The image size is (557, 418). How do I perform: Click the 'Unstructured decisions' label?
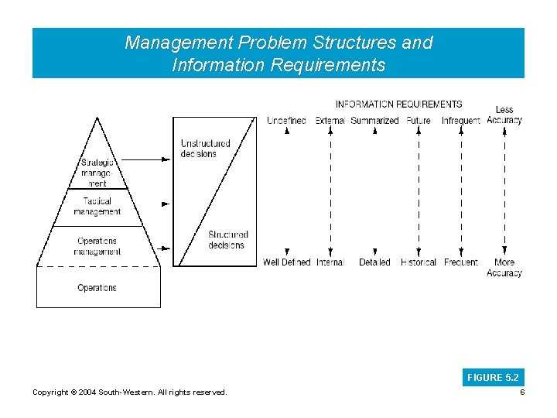205,148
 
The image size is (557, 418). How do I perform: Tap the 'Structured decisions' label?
227,240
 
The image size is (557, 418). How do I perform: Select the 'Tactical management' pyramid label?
97,206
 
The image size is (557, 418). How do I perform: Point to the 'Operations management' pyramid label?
97,246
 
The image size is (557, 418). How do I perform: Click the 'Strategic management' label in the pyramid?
97,173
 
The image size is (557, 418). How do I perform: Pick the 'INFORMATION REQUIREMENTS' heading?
398,104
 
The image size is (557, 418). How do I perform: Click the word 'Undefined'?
286,121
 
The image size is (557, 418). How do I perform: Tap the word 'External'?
330,121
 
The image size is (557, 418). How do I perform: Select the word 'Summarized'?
374,121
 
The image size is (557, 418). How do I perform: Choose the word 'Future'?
419,121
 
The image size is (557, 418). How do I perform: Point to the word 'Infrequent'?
460,121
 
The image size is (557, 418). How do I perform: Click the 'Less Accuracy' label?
504,115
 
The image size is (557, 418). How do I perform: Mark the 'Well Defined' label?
286,262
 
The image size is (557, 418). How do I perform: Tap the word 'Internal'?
330,262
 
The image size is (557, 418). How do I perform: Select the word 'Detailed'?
374,262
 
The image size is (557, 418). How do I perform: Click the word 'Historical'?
419,262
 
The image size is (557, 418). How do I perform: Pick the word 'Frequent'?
461,262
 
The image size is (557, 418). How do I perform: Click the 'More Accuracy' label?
504,268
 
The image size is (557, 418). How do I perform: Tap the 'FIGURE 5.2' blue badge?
493,378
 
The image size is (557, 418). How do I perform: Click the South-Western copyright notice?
130,392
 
